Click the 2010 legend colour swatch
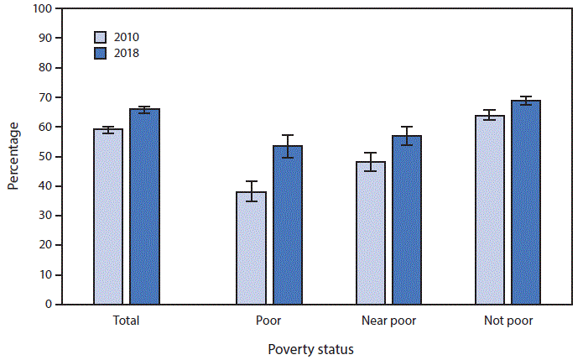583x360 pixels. coord(100,37)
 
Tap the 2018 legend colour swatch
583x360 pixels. coord(100,53)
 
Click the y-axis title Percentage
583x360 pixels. coord(14,157)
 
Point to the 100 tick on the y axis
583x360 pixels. coord(44,8)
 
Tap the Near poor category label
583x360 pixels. coord(388,321)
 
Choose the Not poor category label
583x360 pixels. coord(508,321)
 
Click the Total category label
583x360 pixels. coord(126,321)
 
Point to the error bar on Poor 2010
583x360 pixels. coord(251,191)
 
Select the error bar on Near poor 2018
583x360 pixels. coord(406,136)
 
